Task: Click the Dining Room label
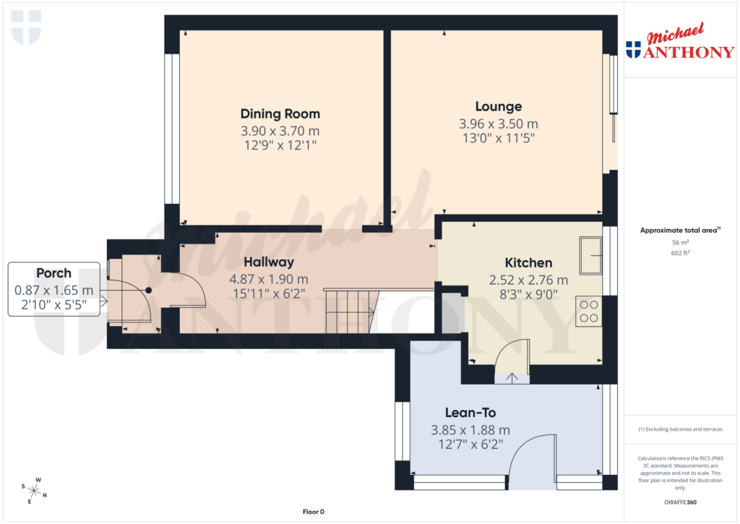point(280,113)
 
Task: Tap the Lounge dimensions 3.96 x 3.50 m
point(499,124)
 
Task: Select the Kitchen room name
point(528,263)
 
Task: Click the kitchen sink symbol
point(590,255)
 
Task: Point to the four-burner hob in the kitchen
point(588,312)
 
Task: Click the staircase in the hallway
point(349,311)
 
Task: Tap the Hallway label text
point(269,262)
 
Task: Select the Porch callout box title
point(54,273)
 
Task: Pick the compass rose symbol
point(34,489)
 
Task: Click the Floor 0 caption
point(313,512)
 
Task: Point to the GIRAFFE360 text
point(679,502)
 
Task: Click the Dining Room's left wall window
point(172,129)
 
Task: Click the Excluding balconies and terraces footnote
point(679,429)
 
